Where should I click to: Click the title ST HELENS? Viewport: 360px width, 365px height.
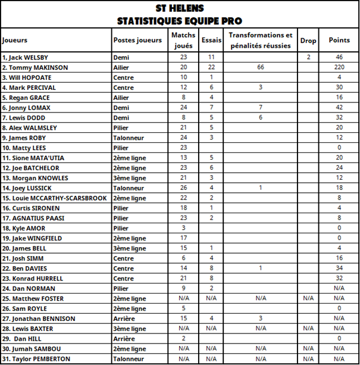tap(179, 8)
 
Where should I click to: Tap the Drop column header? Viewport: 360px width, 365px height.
tap(308, 40)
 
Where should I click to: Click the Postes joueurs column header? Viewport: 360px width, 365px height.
tap(137, 40)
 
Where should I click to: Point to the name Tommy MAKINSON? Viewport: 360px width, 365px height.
tap(35, 67)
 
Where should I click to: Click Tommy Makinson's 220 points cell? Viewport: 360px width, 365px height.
tap(339, 67)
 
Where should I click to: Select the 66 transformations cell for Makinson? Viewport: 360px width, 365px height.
tap(260, 67)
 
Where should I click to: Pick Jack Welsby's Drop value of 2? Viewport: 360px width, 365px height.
tap(308, 57)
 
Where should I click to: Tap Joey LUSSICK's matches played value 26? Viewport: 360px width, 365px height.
tap(183, 188)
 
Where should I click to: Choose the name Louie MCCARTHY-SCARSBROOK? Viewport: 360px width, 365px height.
tap(55, 198)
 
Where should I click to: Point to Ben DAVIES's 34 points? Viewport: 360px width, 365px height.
tap(339, 269)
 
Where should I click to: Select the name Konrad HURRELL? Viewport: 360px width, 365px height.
tap(33, 278)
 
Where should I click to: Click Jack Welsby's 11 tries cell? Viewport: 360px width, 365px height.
tap(211, 57)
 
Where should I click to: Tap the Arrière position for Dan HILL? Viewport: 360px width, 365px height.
tap(126, 338)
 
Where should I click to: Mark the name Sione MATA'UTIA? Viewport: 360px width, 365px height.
tap(33, 158)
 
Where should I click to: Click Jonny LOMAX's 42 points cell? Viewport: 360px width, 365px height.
tap(339, 108)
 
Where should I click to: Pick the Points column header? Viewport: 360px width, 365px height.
tap(339, 40)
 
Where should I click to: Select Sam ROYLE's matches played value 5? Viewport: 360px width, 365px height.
tap(183, 308)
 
